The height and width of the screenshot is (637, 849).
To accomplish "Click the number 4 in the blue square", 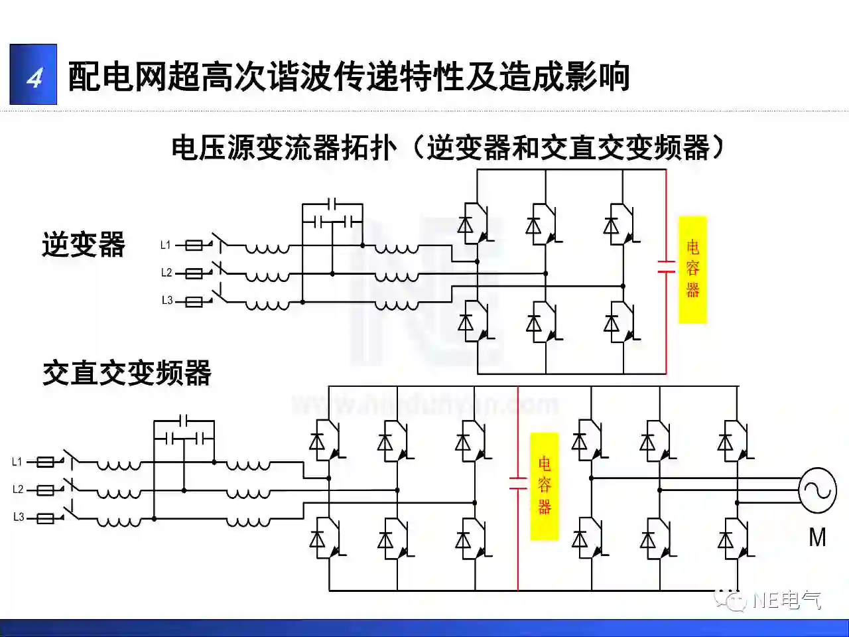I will click(34, 76).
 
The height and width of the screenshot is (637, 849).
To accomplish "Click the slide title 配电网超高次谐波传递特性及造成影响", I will click(349, 76).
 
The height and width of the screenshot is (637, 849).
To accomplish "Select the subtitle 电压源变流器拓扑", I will click(283, 147).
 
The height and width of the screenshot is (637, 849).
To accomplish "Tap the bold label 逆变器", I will click(84, 244).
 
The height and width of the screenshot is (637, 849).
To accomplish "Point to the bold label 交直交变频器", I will click(127, 373).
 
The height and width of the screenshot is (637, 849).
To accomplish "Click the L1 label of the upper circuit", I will click(166, 245).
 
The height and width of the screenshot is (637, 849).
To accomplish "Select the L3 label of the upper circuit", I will click(166, 301).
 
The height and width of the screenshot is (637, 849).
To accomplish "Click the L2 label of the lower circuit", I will click(18, 490).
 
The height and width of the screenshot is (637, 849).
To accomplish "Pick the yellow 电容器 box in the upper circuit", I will click(692, 269).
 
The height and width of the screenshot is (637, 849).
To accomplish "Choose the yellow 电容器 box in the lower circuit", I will click(544, 486).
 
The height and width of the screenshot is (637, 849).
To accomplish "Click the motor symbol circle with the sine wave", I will click(816, 490).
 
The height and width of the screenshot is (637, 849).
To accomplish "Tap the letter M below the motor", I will click(817, 537).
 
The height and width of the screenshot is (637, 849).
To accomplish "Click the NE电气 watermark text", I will click(787, 600).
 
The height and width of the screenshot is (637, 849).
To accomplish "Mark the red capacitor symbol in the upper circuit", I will click(666, 267).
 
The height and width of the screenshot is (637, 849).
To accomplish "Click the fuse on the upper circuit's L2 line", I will click(194, 273).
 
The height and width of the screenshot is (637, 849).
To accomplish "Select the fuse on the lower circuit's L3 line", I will click(45, 518).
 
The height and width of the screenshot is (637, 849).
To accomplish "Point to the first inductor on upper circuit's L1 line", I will click(267, 248).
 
